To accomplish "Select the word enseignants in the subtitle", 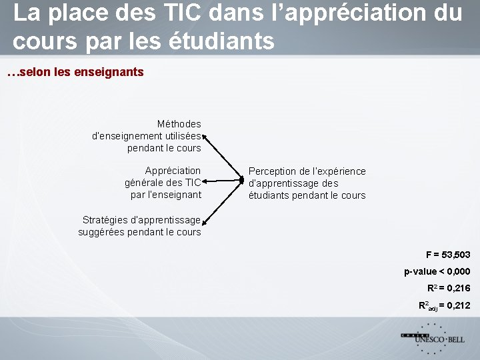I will (108, 71).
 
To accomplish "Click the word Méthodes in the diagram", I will (179, 124).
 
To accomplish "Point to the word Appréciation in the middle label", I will (173, 171).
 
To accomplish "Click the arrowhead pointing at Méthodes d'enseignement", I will (205, 136).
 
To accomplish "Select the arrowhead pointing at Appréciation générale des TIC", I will (205, 181).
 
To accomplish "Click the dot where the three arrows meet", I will (242, 180).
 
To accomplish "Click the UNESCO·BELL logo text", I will (439, 339).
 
